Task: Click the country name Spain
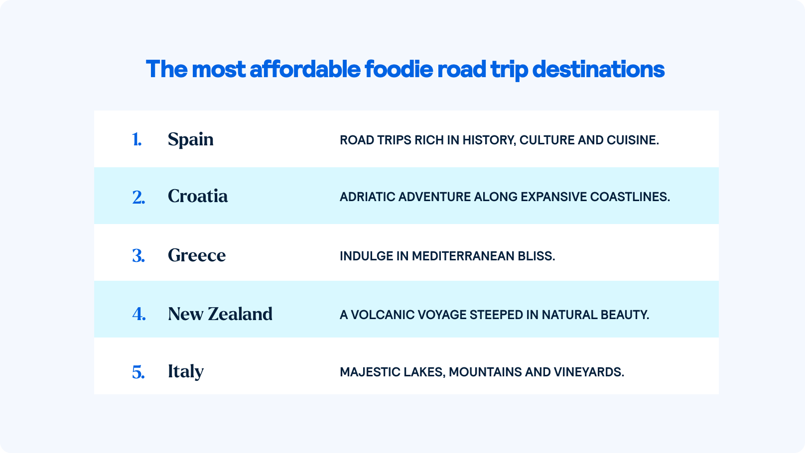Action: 190,139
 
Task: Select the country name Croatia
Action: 198,196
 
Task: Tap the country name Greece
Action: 197,255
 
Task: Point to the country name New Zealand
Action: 220,314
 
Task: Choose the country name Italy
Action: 185,371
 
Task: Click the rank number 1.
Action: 136,139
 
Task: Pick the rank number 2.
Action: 138,197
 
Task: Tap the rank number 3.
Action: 138,256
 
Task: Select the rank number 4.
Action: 139,314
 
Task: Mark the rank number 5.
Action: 138,372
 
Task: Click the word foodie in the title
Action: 399,69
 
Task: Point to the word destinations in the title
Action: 598,69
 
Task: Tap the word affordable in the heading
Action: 305,69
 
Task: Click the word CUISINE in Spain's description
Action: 633,140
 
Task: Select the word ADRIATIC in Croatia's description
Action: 367,197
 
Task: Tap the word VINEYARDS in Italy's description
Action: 594,372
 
